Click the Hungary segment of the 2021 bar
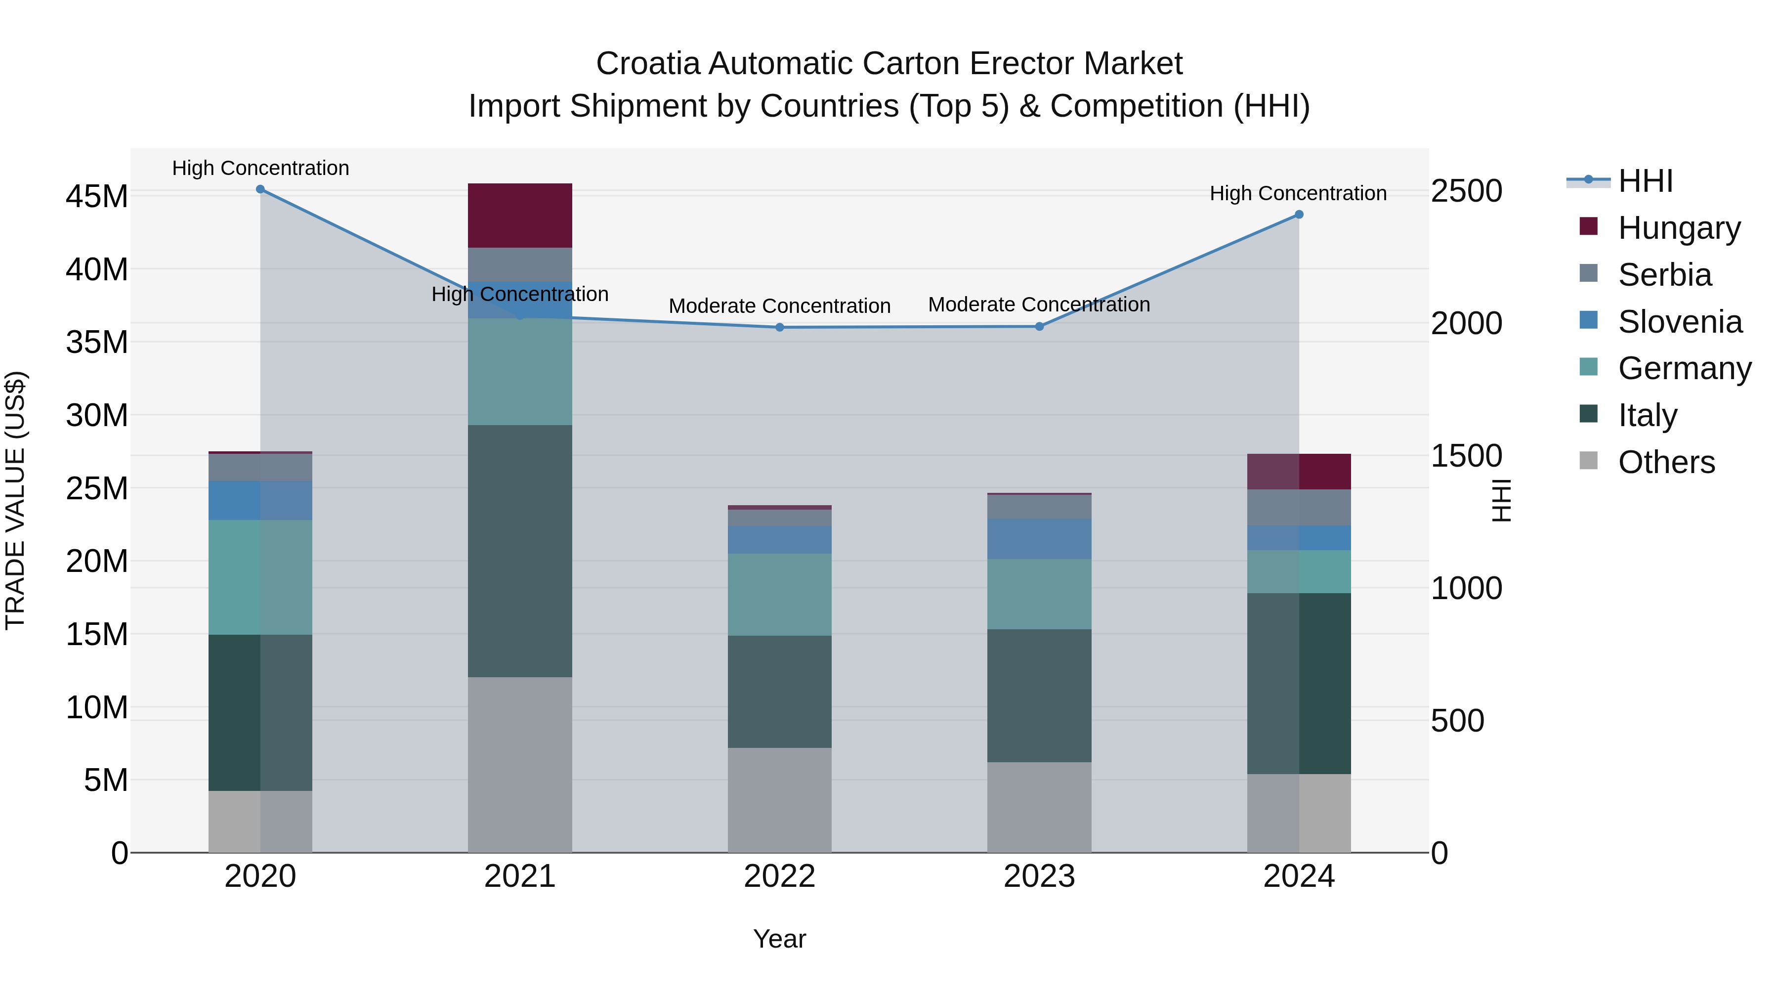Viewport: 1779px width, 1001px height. pos(519,215)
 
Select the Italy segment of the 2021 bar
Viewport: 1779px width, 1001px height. pos(519,551)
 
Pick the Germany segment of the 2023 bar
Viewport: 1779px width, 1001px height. pos(1039,594)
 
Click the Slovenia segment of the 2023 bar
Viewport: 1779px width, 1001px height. pos(1039,539)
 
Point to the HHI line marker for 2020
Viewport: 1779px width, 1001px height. pos(260,189)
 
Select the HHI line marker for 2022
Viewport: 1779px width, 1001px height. pos(780,327)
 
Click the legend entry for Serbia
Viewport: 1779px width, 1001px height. pos(1664,275)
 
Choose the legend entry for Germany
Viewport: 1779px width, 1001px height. pos(1684,368)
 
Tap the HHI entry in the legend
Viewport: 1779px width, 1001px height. pos(1645,181)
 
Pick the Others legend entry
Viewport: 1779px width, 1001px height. pos(1666,462)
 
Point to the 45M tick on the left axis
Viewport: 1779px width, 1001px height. pos(97,197)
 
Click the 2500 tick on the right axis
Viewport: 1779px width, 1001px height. pos(1466,191)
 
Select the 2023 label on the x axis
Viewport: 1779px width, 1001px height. pos(1039,876)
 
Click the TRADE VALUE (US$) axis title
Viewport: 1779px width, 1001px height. pos(16,500)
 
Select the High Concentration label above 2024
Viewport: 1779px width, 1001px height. pos(1298,193)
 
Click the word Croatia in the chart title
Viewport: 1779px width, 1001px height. pos(648,64)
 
